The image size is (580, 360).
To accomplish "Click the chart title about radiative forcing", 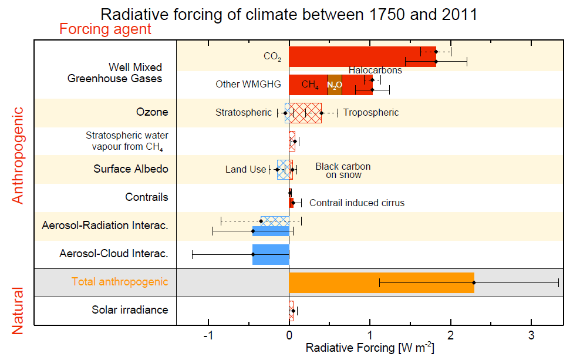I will coord(289,14).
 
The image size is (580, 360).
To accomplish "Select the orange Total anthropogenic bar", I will coord(381,282).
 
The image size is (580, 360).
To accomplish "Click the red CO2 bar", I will coord(352,56).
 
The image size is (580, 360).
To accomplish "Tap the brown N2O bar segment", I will coord(335,85).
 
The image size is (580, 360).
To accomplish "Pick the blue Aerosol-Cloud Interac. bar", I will coord(271,254).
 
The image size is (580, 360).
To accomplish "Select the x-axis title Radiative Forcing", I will coord(370,348).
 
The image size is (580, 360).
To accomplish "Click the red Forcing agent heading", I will coord(105,29).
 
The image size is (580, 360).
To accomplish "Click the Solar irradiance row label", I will coord(130,309).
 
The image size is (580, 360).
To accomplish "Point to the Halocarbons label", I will coord(375,70).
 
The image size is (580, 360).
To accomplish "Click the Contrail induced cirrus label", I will coord(357,203).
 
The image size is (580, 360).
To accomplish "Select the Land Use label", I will coord(245,170).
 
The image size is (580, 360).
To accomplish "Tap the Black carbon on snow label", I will coord(343,170).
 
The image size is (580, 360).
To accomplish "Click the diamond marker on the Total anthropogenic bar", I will coord(474,282).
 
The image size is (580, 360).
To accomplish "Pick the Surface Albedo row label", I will coord(131,169).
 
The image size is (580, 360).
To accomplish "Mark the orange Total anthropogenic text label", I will coord(120,282).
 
